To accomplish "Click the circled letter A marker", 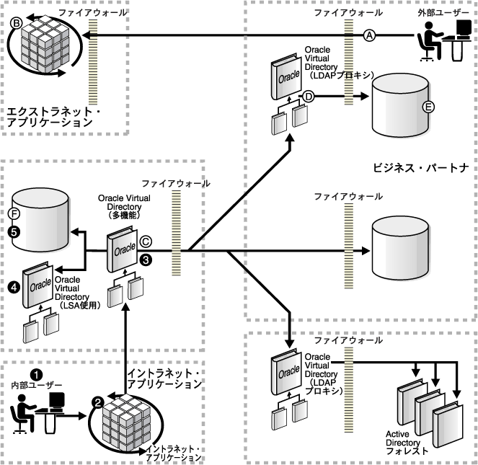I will click(x=370, y=35).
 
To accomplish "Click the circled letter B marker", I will click(x=15, y=22).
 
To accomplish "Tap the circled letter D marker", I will click(x=308, y=95).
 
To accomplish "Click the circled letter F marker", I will click(x=12, y=214).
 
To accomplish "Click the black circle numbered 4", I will click(x=13, y=287).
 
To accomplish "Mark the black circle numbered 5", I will click(x=12, y=231).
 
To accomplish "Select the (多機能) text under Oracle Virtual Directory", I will click(x=123, y=215).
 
